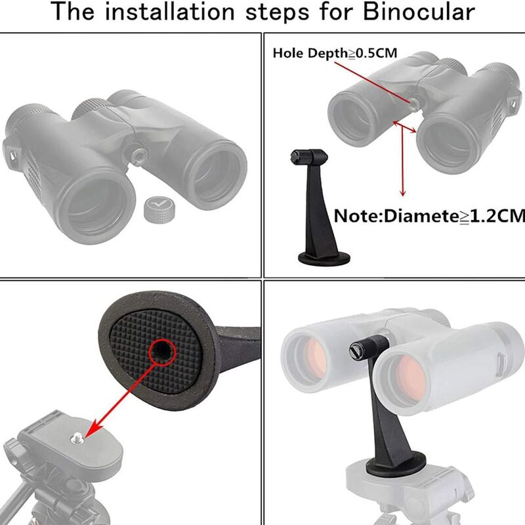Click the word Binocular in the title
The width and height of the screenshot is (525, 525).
coord(419,12)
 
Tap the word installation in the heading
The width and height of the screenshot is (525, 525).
coord(169,12)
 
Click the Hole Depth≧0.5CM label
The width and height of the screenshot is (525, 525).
coord(335,53)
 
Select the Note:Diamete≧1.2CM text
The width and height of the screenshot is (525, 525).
coord(429,216)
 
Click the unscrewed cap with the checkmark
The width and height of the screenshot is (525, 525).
coord(159,209)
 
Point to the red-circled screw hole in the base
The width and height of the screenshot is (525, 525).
coord(162,352)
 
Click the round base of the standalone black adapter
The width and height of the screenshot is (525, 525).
coord(324,259)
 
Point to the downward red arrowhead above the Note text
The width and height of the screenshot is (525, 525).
coord(403,193)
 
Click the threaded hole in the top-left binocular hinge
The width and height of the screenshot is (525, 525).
coord(139,156)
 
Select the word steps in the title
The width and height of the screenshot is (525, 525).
coord(277,12)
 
